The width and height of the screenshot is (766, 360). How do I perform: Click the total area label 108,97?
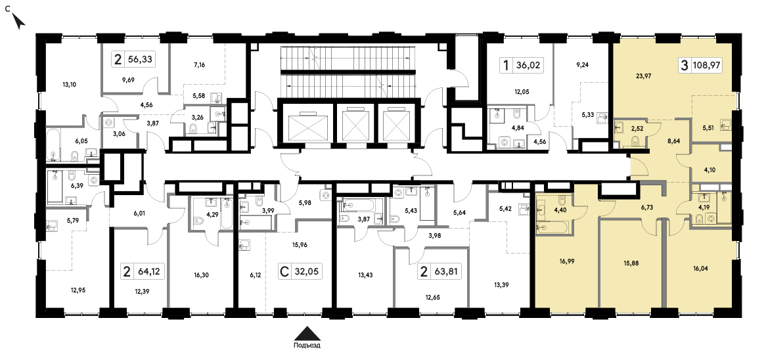click(707, 64)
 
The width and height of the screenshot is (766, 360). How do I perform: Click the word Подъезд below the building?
click(307, 346)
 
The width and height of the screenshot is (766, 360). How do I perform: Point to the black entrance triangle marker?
click(307, 333)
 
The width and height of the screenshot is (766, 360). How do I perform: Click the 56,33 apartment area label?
click(139, 60)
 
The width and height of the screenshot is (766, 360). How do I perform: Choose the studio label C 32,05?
click(301, 271)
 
